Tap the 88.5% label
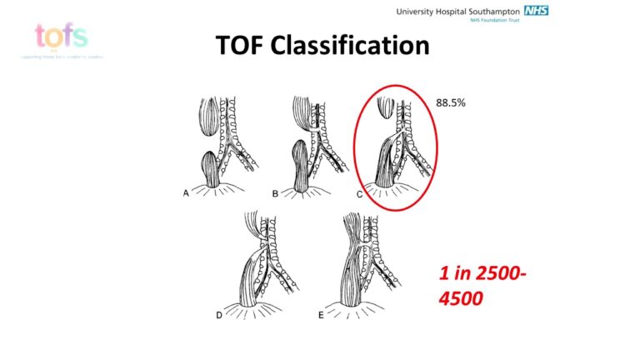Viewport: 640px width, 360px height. [x=450, y=102]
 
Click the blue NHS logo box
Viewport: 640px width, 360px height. [x=536, y=10]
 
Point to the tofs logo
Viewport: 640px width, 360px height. [x=61, y=36]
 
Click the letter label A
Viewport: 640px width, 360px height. [x=186, y=192]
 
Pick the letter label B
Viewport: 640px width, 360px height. [x=274, y=192]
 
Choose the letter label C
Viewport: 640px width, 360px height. [x=360, y=192]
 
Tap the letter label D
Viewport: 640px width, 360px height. [x=219, y=315]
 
